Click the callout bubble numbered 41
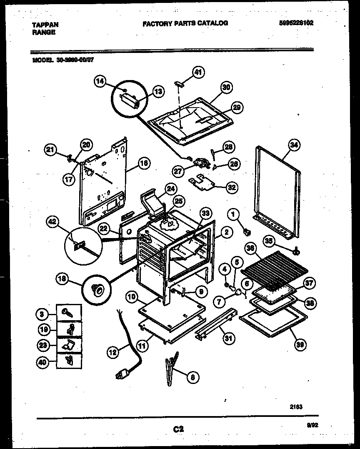198,73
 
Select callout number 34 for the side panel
295,145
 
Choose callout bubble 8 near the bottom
192,378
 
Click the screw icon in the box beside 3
67,312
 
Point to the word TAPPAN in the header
45,25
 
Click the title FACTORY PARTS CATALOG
185,23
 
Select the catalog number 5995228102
296,23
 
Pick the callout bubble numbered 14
100,82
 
